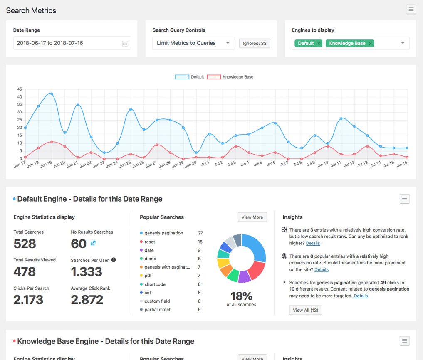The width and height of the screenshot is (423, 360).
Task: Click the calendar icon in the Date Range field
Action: click(125, 43)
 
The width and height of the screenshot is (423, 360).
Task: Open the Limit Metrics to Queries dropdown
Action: click(193, 43)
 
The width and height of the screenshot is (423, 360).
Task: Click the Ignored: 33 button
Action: click(255, 43)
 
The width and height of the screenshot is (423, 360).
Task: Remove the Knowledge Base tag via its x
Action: click(370, 43)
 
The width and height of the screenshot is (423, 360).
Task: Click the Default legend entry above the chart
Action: click(190, 77)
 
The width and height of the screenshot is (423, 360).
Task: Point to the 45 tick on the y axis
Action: click(20, 89)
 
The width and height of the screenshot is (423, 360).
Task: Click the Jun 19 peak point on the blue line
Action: click(52, 94)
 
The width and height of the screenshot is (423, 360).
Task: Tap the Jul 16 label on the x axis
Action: click(401, 164)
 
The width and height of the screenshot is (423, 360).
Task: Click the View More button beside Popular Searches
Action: click(252, 217)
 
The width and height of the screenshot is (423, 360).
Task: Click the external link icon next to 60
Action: click(93, 243)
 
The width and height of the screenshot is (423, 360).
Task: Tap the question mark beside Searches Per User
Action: click(114, 260)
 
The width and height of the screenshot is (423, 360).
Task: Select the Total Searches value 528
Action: click(25, 244)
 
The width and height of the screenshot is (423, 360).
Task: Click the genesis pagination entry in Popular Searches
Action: click(163, 233)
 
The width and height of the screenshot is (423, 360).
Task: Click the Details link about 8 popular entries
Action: click(321, 269)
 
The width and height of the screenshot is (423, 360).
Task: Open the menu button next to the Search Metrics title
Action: click(411, 9)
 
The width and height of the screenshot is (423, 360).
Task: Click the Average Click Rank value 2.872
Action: click(87, 299)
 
